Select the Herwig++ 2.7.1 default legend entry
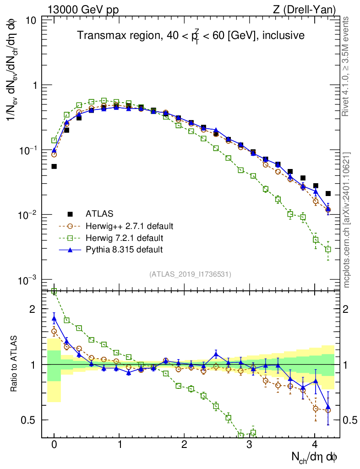pyautogui.click(x=129, y=226)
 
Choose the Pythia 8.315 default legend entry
pyautogui.click(x=124, y=250)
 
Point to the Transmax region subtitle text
pyautogui.click(x=191, y=36)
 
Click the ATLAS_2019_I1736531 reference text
pyautogui.click(x=190, y=274)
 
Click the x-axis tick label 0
pyautogui.click(x=54, y=444)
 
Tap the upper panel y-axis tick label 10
pyautogui.click(x=31, y=21)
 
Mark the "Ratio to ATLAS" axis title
pyautogui.click(x=15, y=364)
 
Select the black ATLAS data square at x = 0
pyautogui.click(x=54, y=166)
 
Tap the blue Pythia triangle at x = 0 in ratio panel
pyautogui.click(x=54, y=319)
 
